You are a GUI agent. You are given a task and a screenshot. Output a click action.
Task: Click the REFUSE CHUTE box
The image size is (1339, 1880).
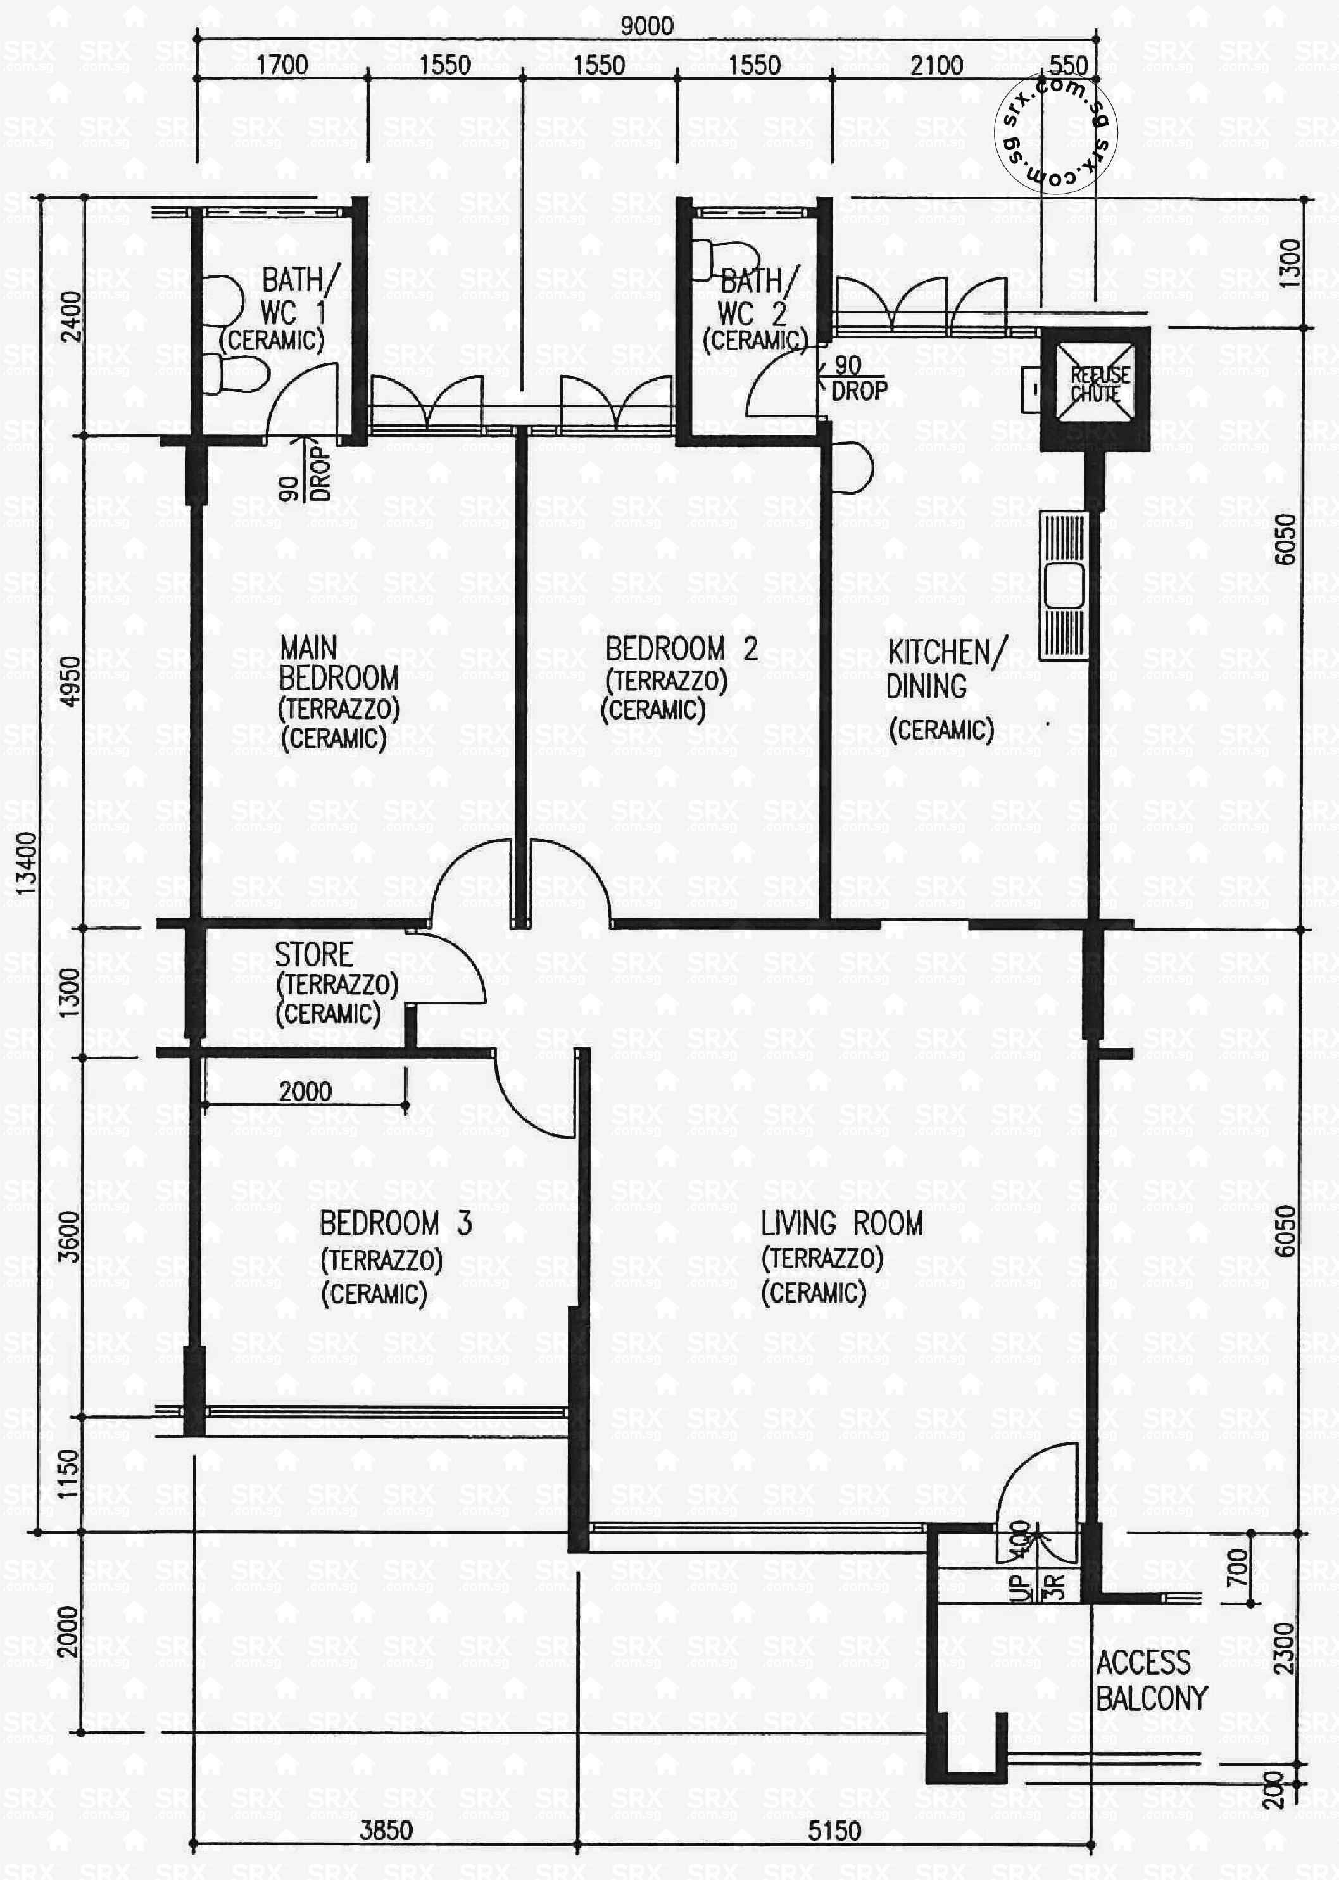point(1094,385)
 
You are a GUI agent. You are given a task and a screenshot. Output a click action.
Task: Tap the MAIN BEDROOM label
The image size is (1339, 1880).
point(338,663)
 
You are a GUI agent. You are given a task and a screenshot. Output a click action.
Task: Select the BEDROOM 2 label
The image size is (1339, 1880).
point(680,650)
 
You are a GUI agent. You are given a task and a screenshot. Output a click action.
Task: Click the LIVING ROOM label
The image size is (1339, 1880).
point(841,1223)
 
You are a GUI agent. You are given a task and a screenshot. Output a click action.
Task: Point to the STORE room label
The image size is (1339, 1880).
point(314,955)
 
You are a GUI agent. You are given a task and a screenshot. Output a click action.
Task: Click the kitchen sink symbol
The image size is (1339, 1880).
point(1064,586)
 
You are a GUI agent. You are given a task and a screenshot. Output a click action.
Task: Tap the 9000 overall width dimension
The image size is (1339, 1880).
point(646,25)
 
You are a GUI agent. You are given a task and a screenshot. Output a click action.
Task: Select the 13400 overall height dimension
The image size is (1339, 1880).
point(27,863)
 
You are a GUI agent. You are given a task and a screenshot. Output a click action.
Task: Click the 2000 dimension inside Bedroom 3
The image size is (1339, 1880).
point(305,1092)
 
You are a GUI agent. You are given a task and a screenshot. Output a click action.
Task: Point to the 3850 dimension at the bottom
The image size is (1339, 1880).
point(386,1830)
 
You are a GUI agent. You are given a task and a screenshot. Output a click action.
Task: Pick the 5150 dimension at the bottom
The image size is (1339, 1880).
point(834,1831)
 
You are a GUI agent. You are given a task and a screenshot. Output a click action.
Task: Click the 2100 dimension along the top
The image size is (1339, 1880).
point(936,65)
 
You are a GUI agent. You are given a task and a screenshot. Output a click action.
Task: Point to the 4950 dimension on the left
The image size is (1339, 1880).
point(72,681)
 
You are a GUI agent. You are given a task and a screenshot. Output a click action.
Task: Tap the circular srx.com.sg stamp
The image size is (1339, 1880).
point(1056,133)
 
